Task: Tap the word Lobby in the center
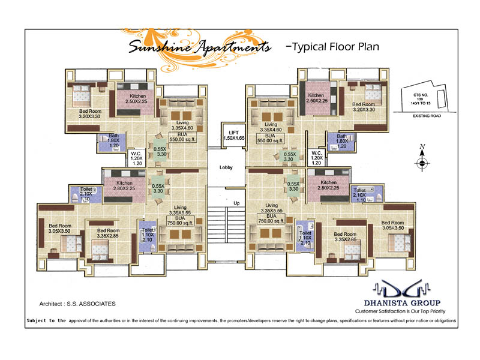point(226,167)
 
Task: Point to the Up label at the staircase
point(236,203)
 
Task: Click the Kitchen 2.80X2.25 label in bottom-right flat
point(328,186)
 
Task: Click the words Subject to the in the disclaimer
point(46,321)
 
